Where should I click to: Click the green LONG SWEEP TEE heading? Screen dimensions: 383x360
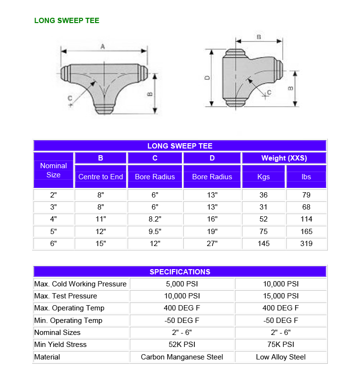coord(67,21)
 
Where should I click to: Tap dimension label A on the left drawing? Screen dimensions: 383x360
coord(103,46)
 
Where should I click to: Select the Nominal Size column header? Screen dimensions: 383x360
coord(53,170)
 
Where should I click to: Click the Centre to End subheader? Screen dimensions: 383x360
coord(100,177)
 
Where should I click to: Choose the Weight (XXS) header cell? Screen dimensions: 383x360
coord(284,158)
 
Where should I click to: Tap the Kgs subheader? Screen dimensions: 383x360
coord(264,177)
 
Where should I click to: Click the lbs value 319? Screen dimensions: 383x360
coord(306,243)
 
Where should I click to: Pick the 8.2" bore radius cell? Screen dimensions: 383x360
coord(155,219)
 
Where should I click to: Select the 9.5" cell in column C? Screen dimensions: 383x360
coord(155,231)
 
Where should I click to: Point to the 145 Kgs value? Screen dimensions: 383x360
coord(264,243)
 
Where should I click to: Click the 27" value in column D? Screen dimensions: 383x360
coord(212,243)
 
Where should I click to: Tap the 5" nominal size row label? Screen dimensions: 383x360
coord(53,231)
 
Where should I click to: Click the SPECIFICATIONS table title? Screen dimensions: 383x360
coord(180,272)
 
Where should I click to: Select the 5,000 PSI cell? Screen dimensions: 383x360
coord(182,284)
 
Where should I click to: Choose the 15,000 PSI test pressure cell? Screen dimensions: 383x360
coord(281,296)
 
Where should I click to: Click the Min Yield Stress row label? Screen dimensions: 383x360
coord(60,345)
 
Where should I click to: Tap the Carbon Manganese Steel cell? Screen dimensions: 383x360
coord(182,357)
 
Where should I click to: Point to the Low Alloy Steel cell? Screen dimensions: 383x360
coord(281,357)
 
